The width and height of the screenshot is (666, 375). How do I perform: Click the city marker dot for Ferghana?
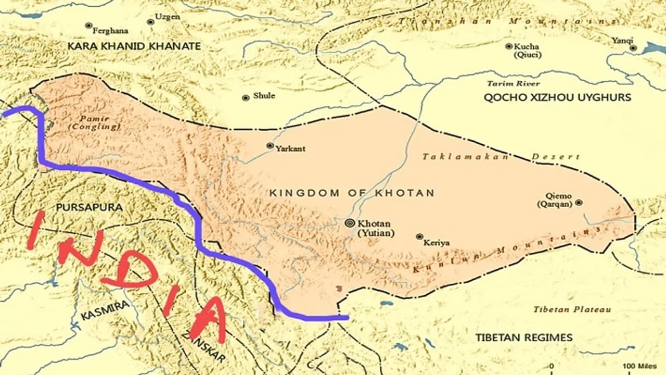coord(88,26)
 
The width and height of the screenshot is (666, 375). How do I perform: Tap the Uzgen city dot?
coord(150,22)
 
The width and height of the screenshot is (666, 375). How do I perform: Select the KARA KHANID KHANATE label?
coord(134,46)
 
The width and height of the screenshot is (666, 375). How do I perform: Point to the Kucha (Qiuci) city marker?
coord(509,46)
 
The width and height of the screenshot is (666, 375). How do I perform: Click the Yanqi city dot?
coord(633,48)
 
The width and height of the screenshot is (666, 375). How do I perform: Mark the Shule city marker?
coord(246,97)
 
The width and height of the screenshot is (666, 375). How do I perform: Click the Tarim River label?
coord(513,83)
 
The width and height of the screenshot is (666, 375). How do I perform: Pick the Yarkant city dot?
coord(270,146)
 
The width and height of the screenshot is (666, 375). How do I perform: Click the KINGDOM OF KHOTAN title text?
coord(351,193)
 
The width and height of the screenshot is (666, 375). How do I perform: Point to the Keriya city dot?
coord(419,236)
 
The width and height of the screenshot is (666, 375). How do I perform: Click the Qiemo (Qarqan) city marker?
coord(579,203)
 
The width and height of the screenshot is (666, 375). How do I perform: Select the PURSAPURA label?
coord(89,207)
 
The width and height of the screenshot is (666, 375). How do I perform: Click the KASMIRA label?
coord(105,311)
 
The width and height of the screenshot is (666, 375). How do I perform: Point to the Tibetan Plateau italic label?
coord(572,309)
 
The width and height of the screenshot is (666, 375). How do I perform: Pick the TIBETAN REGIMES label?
coord(524,337)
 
